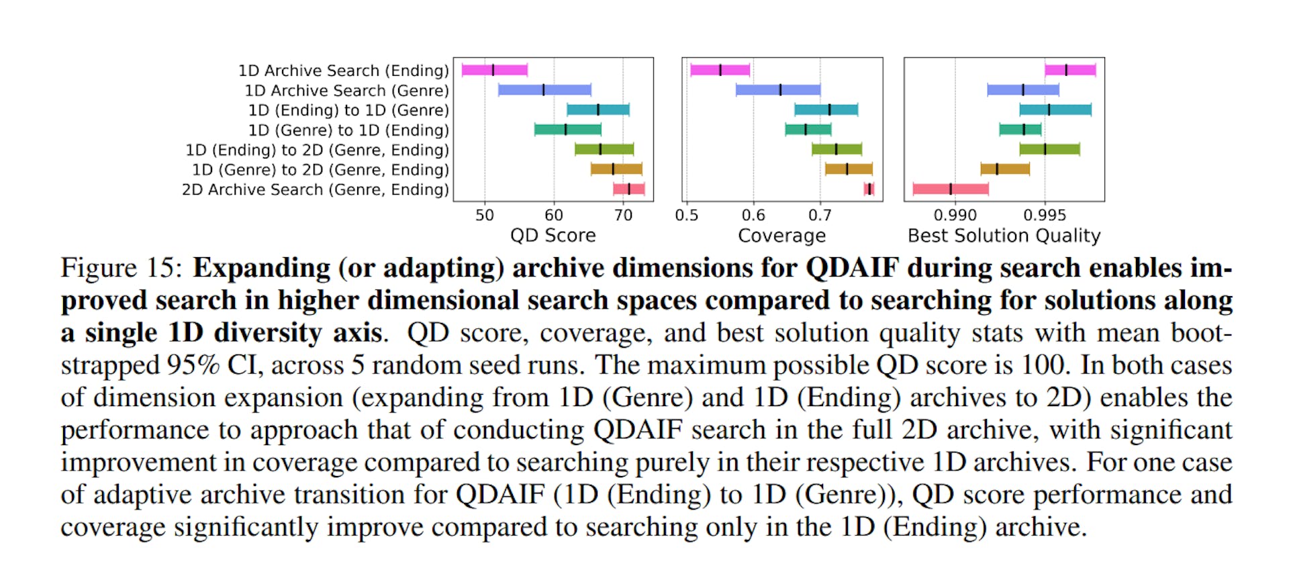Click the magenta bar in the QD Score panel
pos(494,70)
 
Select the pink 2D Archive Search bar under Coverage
pos(869,189)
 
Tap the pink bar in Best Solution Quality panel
pos(951,189)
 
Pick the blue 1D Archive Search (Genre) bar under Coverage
pos(777,90)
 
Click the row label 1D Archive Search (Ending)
pos(343,70)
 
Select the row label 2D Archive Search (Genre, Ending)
pos(315,190)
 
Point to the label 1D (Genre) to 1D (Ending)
pos(348,130)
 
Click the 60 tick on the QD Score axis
pos(554,216)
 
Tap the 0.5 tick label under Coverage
pos(686,216)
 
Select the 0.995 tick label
pos(1044,216)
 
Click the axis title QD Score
pos(553,236)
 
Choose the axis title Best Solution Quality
pos(1004,236)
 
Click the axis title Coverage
pos(781,236)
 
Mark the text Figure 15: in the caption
pos(121,268)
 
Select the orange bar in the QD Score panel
pos(616,169)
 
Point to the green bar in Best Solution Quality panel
pos(1049,149)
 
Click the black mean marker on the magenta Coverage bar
pos(720,70)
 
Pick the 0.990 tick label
pos(955,216)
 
